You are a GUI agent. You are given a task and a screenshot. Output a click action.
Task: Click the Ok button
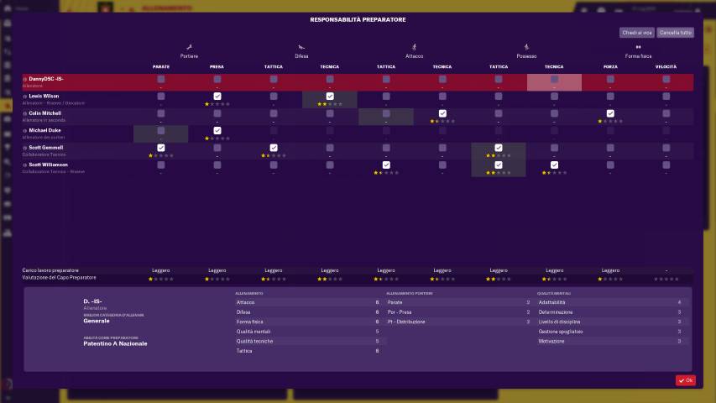[685, 380]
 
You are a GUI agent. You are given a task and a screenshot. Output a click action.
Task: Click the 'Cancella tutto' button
[675, 33]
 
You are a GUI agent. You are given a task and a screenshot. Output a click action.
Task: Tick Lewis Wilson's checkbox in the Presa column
[217, 97]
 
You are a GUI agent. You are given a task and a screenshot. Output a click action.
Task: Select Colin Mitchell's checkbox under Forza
[610, 113]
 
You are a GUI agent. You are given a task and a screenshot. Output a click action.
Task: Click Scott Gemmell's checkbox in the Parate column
[161, 148]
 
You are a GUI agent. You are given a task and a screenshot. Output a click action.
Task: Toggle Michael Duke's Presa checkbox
[217, 130]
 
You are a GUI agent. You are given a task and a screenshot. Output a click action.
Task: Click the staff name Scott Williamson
[49, 165]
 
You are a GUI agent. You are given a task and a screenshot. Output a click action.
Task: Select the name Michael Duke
[45, 130]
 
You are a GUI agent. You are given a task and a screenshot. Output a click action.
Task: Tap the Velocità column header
[666, 66]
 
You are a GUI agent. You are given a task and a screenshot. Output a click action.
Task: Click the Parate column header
[161, 66]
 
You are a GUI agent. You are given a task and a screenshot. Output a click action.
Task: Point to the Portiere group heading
[189, 55]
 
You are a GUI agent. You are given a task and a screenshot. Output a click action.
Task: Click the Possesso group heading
[526, 55]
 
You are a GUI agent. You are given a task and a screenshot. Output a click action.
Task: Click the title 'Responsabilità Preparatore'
[358, 18]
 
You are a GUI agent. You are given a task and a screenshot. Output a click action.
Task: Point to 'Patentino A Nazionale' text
[115, 343]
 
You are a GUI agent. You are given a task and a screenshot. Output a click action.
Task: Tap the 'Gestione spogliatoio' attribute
[561, 332]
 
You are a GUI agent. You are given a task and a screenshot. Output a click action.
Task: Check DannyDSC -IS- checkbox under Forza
[610, 80]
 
